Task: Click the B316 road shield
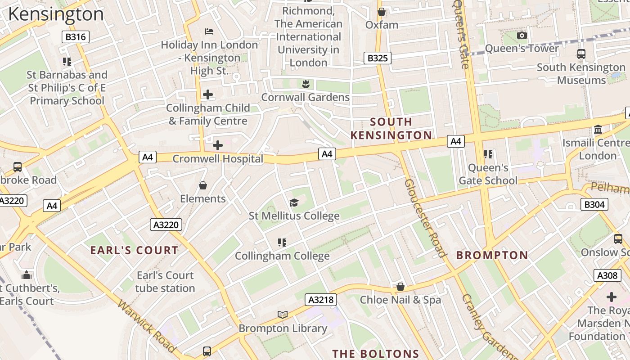click(x=75, y=37)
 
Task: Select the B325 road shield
click(x=377, y=58)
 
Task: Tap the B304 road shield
click(x=594, y=204)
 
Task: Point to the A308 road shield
click(x=607, y=275)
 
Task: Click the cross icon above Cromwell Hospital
click(x=218, y=145)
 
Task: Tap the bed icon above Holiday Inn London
click(x=209, y=31)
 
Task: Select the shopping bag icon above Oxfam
click(x=382, y=12)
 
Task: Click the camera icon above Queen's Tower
click(x=522, y=35)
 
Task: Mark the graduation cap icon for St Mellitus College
click(x=294, y=202)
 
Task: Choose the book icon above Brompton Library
click(x=283, y=315)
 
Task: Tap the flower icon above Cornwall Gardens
click(x=306, y=84)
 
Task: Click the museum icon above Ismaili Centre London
click(x=598, y=130)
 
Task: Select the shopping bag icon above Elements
click(x=203, y=185)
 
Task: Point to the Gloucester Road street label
click(x=425, y=218)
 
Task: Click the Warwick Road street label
click(x=147, y=326)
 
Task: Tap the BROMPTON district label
click(x=492, y=255)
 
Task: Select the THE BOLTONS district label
click(x=376, y=354)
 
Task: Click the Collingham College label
click(x=282, y=256)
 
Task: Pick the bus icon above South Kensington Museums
click(x=581, y=54)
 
